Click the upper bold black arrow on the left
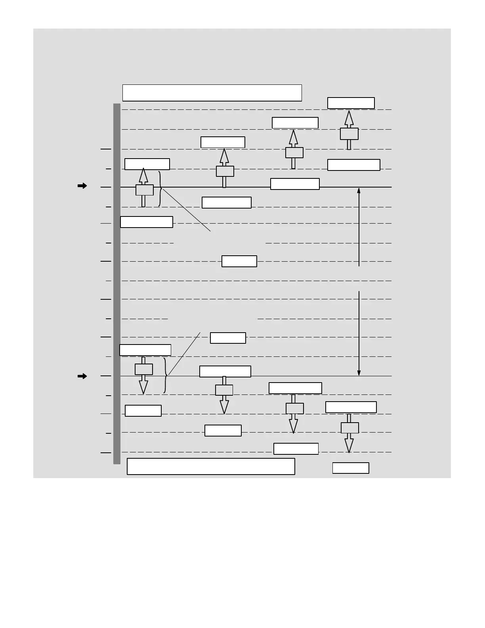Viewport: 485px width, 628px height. pyautogui.click(x=82, y=186)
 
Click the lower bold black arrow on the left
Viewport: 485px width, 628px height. pyautogui.click(x=82, y=376)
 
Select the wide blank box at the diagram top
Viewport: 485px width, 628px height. pyautogui.click(x=212, y=93)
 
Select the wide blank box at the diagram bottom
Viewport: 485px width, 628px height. pyautogui.click(x=211, y=466)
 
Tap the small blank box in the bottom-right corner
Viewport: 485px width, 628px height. pyautogui.click(x=351, y=468)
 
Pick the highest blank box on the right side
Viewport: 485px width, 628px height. pyautogui.click(x=351, y=103)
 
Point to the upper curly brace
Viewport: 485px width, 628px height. pyautogui.click(x=160, y=189)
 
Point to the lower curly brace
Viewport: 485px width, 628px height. pyautogui.click(x=165, y=375)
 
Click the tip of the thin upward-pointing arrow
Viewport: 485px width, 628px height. pyautogui.click(x=359, y=189)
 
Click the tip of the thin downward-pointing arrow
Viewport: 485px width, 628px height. pyautogui.click(x=359, y=374)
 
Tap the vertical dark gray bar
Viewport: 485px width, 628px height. pyautogui.click(x=117, y=283)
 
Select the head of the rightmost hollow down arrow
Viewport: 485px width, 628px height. pyautogui.click(x=349, y=445)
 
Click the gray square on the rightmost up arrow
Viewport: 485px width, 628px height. pyautogui.click(x=349, y=134)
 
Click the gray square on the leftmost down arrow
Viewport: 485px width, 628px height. pyautogui.click(x=144, y=369)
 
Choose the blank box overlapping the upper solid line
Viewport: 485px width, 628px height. pyautogui.click(x=295, y=184)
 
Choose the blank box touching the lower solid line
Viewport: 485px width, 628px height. pyautogui.click(x=225, y=371)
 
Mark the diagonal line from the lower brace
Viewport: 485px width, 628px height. pyautogui.click(x=184, y=353)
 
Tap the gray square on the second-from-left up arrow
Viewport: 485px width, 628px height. pyautogui.click(x=225, y=171)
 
